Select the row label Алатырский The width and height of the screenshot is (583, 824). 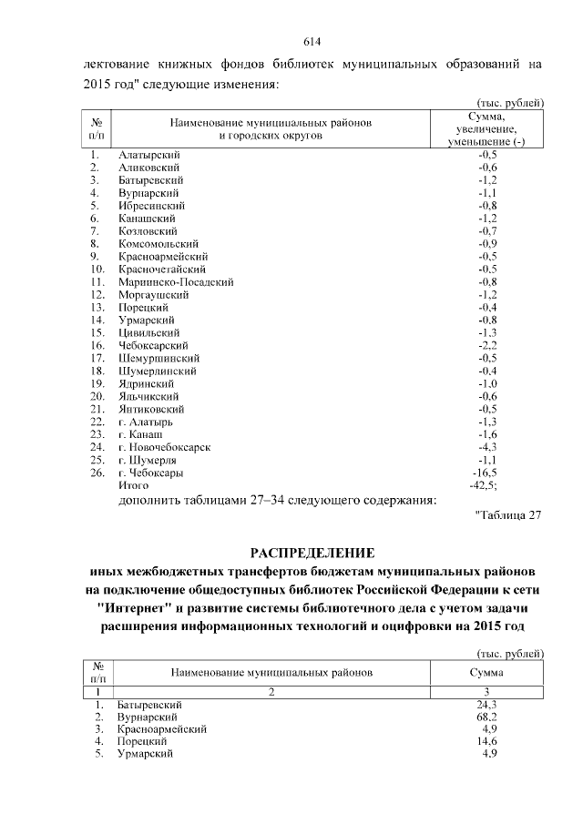click(x=148, y=155)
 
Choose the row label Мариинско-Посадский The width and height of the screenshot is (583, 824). click(x=176, y=282)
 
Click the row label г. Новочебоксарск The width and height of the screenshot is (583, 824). click(x=165, y=448)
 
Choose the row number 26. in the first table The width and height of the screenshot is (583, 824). click(x=96, y=473)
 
